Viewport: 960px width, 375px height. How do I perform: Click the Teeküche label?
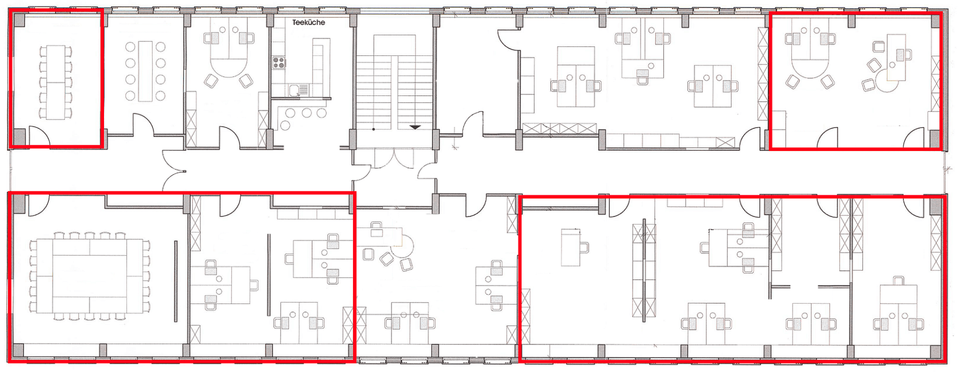click(308, 22)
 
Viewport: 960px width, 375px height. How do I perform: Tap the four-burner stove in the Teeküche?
click(278, 62)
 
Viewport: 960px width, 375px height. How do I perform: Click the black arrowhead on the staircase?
click(415, 127)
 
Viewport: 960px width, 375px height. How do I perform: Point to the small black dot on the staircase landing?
click(373, 129)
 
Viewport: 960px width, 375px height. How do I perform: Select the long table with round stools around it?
click(145, 71)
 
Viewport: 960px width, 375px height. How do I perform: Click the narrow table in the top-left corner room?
click(55, 82)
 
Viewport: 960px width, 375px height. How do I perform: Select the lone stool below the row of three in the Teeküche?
click(285, 125)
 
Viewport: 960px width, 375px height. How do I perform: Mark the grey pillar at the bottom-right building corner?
click(935, 352)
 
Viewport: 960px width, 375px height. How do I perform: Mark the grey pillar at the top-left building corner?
click(19, 20)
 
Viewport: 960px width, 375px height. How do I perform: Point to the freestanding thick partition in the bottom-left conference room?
click(175, 281)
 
